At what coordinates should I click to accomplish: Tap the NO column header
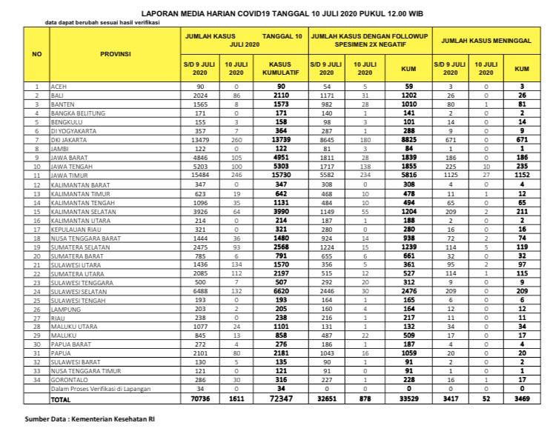(36, 54)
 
